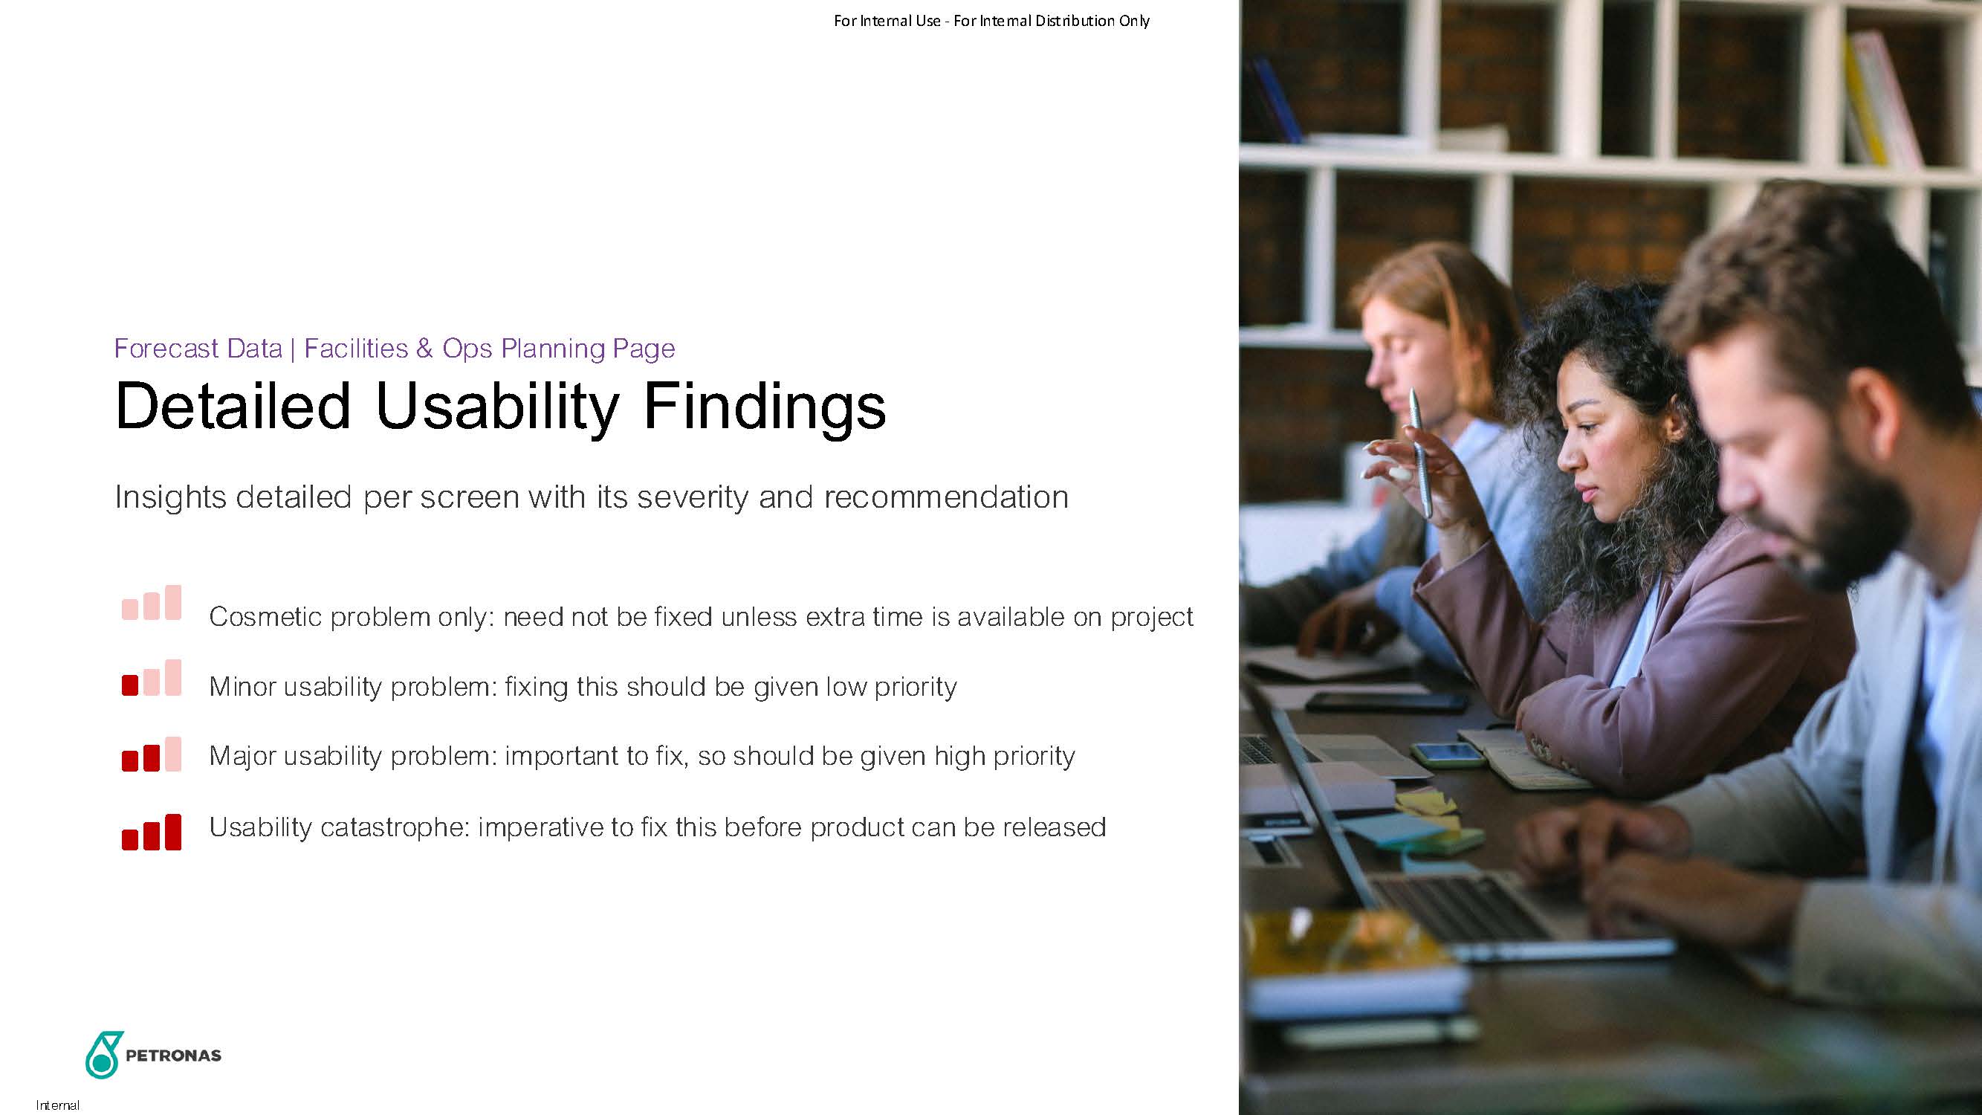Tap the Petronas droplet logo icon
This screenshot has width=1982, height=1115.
click(104, 1054)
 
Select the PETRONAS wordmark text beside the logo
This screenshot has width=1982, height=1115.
click(173, 1056)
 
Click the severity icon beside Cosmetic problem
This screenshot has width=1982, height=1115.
click(152, 603)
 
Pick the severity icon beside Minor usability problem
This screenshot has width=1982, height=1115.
click(152, 678)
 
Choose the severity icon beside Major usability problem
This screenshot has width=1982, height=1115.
click(152, 754)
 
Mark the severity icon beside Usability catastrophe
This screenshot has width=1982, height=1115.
click(152, 832)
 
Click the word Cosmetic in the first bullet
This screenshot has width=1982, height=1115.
click(265, 617)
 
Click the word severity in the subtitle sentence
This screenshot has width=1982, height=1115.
click(693, 498)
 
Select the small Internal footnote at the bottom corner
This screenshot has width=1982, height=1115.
click(58, 1106)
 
